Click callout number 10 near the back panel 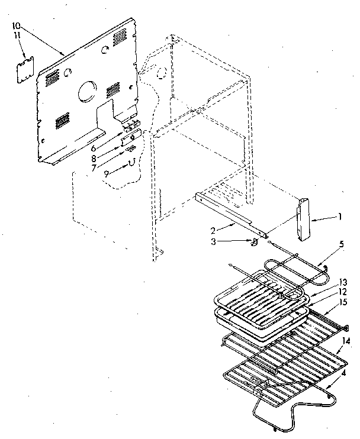(x=16, y=26)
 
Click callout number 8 (x=110, y=158)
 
